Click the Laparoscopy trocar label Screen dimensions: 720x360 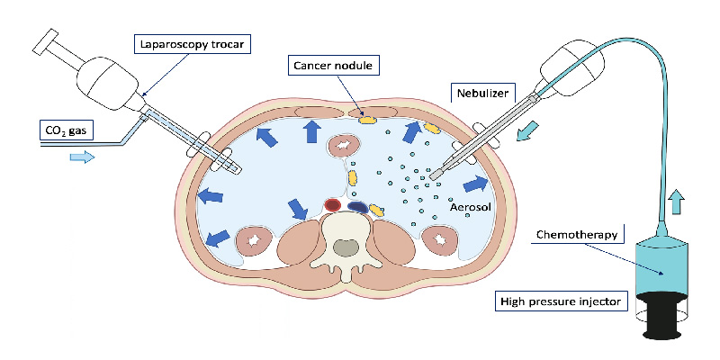click(x=188, y=44)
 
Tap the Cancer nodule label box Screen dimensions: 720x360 click(x=334, y=66)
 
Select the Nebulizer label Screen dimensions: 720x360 click(x=482, y=94)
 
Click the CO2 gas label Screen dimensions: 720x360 click(x=67, y=132)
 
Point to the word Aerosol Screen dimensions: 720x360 click(x=471, y=207)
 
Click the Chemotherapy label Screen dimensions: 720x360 click(x=576, y=235)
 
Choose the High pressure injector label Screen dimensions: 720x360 click(x=561, y=301)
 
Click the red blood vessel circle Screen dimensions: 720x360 click(x=332, y=205)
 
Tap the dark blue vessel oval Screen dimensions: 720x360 click(x=356, y=207)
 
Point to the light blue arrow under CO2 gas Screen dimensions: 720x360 click(x=82, y=157)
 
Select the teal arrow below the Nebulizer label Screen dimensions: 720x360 click(x=528, y=130)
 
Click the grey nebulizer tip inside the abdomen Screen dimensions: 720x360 click(x=436, y=173)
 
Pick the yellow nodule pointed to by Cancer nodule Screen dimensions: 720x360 click(x=367, y=121)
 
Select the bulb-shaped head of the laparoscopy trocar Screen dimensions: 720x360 click(x=107, y=83)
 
